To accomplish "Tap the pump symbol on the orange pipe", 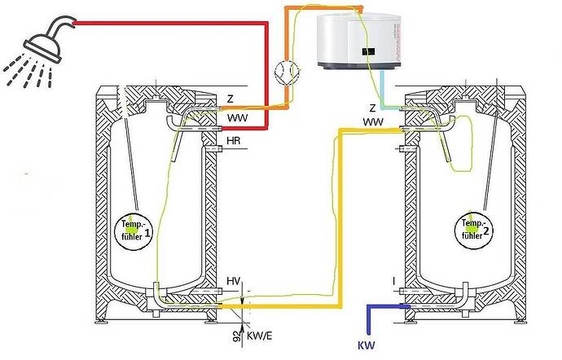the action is (x=287, y=72).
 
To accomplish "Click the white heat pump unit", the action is (x=358, y=41).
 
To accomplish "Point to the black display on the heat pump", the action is (x=368, y=51).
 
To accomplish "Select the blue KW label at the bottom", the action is (x=367, y=345).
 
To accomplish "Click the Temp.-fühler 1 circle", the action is (x=133, y=230).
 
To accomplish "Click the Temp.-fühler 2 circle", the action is (x=474, y=229).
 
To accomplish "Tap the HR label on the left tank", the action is (x=233, y=141).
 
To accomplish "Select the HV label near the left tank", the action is (x=234, y=281).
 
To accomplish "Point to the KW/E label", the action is (x=260, y=336).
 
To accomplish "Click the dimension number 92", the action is (x=236, y=336).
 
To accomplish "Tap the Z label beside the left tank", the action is (x=231, y=99).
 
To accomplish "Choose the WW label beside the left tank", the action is (x=237, y=117).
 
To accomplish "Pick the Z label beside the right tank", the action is (x=373, y=108).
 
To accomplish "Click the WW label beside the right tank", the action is (x=373, y=122).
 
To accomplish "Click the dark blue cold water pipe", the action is (x=368, y=314).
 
